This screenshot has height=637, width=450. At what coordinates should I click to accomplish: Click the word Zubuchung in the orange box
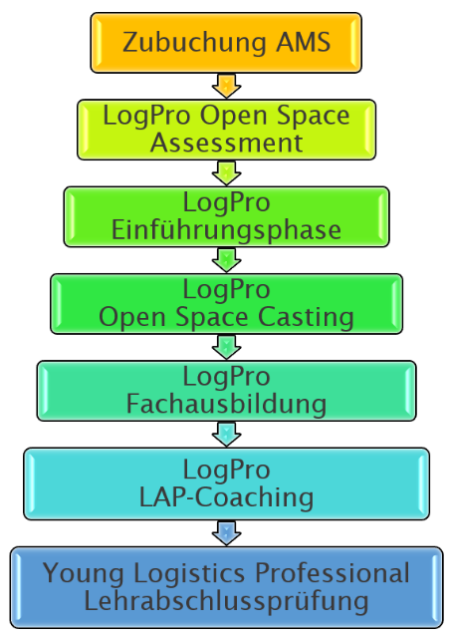[194, 43]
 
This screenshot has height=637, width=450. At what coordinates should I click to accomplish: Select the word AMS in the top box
[304, 42]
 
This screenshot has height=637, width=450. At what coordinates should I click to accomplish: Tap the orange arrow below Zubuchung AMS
[226, 86]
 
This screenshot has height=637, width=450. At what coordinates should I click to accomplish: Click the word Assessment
[226, 143]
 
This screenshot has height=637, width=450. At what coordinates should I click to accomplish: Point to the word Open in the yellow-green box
[234, 117]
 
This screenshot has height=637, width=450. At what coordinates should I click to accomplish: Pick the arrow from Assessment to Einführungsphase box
[226, 173]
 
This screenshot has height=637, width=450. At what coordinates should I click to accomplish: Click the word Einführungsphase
[226, 231]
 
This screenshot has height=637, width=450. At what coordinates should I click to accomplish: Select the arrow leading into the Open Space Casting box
[226, 260]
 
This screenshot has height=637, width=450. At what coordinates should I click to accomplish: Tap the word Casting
[306, 318]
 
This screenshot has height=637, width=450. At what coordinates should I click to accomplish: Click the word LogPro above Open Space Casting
[226, 290]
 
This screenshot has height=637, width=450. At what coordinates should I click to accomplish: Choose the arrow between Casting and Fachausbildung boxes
[226, 347]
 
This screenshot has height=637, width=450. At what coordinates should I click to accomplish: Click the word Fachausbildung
[226, 404]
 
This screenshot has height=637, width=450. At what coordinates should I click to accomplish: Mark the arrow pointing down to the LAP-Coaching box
[226, 435]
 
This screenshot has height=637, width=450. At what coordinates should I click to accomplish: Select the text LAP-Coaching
[226, 497]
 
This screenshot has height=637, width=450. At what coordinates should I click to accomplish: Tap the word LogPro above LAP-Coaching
[226, 471]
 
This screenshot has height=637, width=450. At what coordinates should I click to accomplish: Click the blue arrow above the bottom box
[226, 533]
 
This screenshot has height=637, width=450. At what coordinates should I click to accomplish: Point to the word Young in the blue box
[84, 574]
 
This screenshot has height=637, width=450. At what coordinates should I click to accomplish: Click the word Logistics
[189, 574]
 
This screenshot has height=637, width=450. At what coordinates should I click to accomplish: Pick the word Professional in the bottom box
[333, 573]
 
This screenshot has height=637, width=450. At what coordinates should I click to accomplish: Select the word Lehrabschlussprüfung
[226, 602]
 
